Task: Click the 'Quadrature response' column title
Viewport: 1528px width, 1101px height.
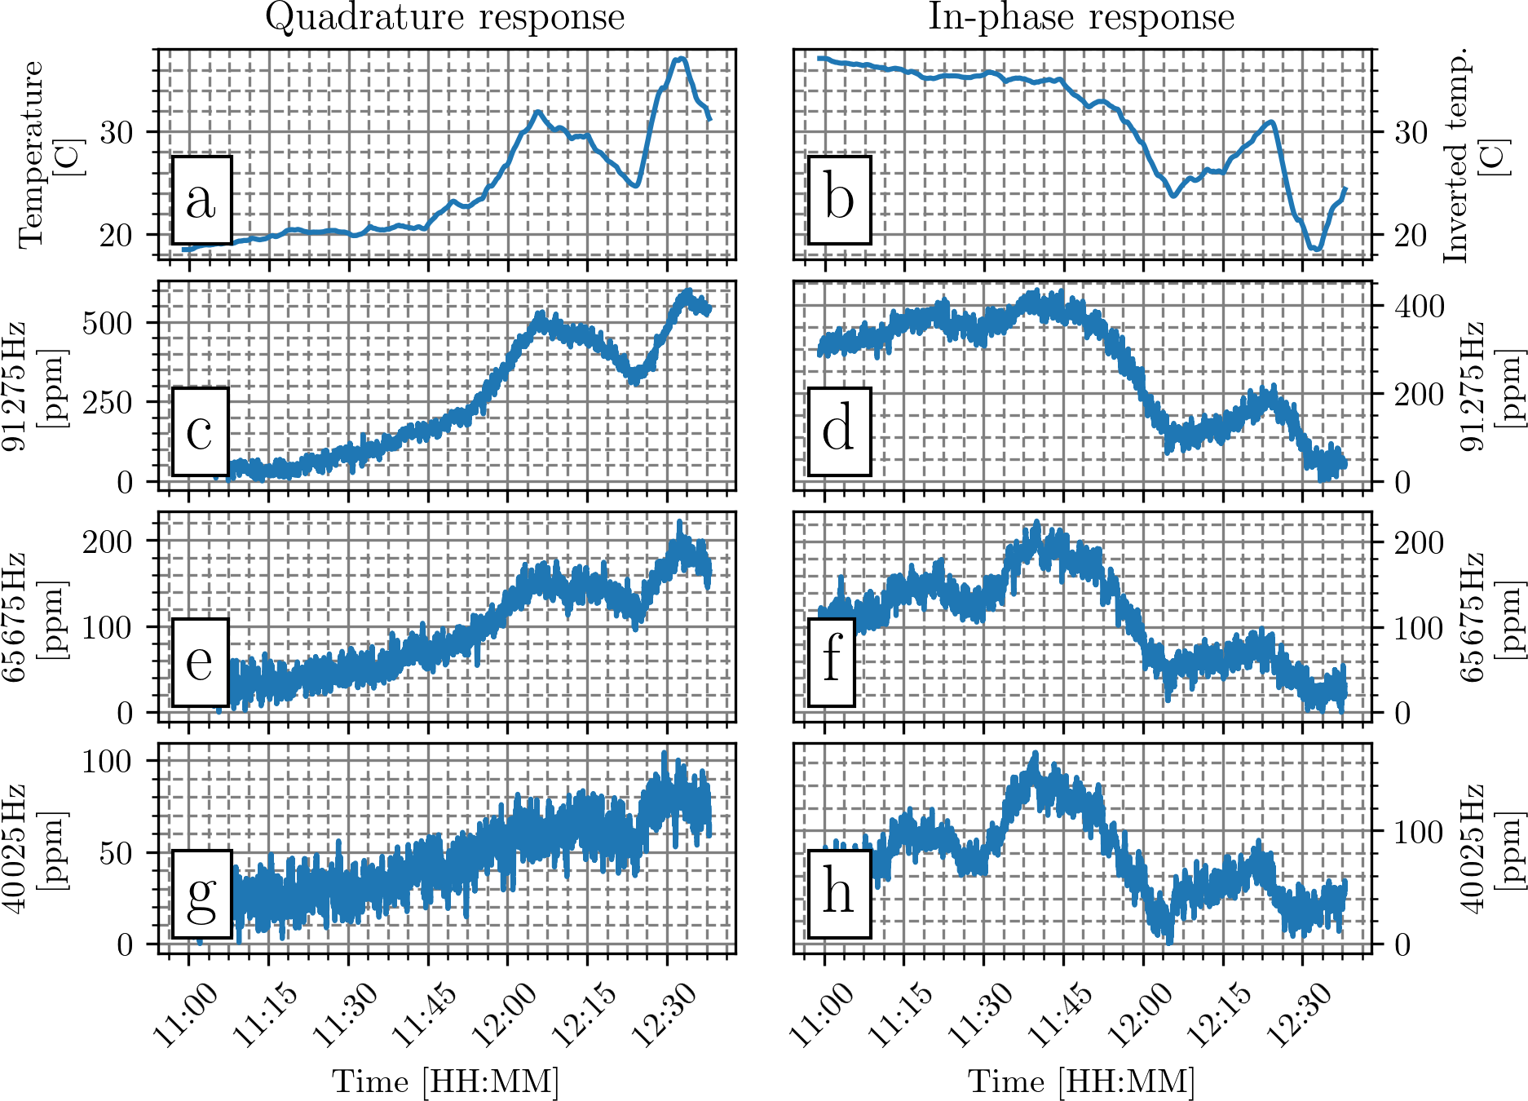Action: point(445,18)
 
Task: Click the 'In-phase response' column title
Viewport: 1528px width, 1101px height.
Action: point(1081,18)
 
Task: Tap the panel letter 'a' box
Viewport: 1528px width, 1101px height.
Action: point(201,200)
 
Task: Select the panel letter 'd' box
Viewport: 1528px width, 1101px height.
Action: point(839,431)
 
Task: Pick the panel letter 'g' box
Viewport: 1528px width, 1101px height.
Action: point(201,893)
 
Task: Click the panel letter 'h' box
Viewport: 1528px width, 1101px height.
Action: point(839,893)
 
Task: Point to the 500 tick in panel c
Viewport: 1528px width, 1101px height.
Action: point(107,323)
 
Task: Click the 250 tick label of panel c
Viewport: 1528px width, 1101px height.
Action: point(107,402)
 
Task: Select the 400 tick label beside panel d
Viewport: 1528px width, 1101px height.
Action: point(1420,307)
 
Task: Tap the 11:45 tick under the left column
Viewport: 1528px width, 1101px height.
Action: point(424,1015)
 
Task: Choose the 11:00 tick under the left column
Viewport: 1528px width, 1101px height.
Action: point(185,1015)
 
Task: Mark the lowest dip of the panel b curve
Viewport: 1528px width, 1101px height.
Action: point(1316,249)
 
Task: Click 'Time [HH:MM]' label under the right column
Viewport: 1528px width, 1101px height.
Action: point(1081,1081)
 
